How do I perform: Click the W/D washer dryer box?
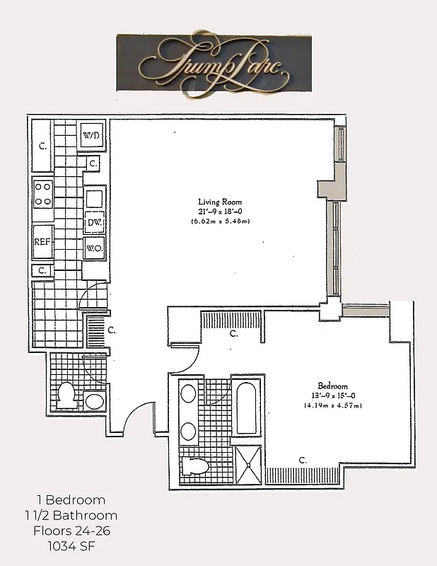(91, 135)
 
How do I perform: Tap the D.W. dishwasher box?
(94, 223)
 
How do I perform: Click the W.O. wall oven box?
(94, 248)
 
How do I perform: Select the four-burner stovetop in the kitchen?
(43, 193)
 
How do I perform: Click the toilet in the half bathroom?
(66, 395)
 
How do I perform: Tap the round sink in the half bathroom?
(94, 402)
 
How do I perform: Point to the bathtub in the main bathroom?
(245, 410)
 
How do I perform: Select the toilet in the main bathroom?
(196, 466)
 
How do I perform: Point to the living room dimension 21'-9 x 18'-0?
(220, 212)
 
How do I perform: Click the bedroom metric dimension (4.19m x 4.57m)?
(333, 406)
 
